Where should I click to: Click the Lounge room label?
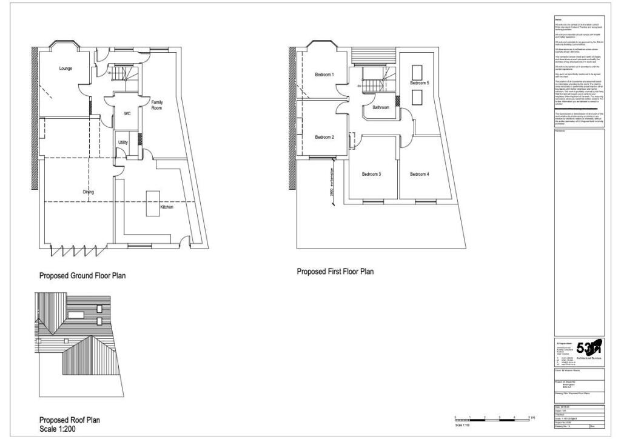65,69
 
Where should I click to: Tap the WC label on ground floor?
127,113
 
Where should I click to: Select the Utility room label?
123,142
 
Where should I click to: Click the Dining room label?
89,192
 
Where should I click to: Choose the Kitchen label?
167,207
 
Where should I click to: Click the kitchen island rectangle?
152,203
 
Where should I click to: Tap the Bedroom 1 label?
324,75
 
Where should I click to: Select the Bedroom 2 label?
324,137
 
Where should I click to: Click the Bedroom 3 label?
371,175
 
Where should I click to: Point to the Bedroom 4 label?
419,175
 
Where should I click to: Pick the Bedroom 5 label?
419,83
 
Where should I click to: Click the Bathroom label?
381,107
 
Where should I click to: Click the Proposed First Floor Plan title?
335,272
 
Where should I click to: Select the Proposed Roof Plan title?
70,420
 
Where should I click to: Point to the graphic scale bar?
492,419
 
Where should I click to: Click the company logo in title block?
589,348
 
